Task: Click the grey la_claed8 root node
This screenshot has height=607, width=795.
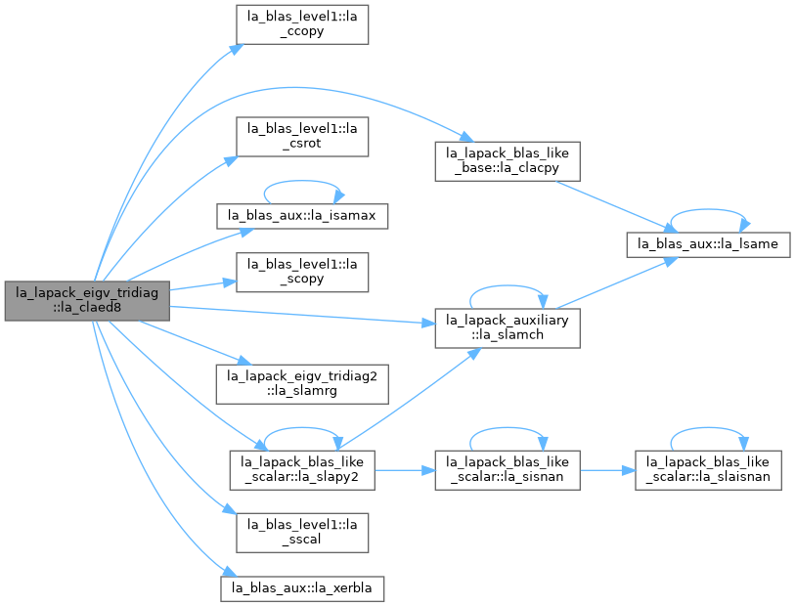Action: tap(87, 300)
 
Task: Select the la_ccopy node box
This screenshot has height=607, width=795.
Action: tap(302, 24)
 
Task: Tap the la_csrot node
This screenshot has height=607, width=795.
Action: tap(302, 137)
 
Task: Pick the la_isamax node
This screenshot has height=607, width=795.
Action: tap(302, 216)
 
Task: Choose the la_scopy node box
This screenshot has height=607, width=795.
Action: tap(302, 272)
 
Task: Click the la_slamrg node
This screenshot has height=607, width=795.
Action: tap(302, 384)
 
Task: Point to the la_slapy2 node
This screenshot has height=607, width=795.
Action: tap(302, 470)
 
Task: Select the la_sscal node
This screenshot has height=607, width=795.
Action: tap(302, 533)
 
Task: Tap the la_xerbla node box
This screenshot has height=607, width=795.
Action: tap(302, 588)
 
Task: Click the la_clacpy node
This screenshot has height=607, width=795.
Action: tap(508, 161)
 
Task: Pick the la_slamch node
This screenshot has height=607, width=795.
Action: tap(508, 328)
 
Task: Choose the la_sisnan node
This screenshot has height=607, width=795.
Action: tap(508, 470)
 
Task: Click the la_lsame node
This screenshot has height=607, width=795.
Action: tap(708, 244)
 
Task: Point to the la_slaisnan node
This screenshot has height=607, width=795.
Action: tap(708, 470)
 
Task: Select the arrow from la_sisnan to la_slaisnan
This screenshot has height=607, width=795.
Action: tap(607, 470)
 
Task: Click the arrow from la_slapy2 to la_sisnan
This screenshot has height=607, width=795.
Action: tap(405, 470)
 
